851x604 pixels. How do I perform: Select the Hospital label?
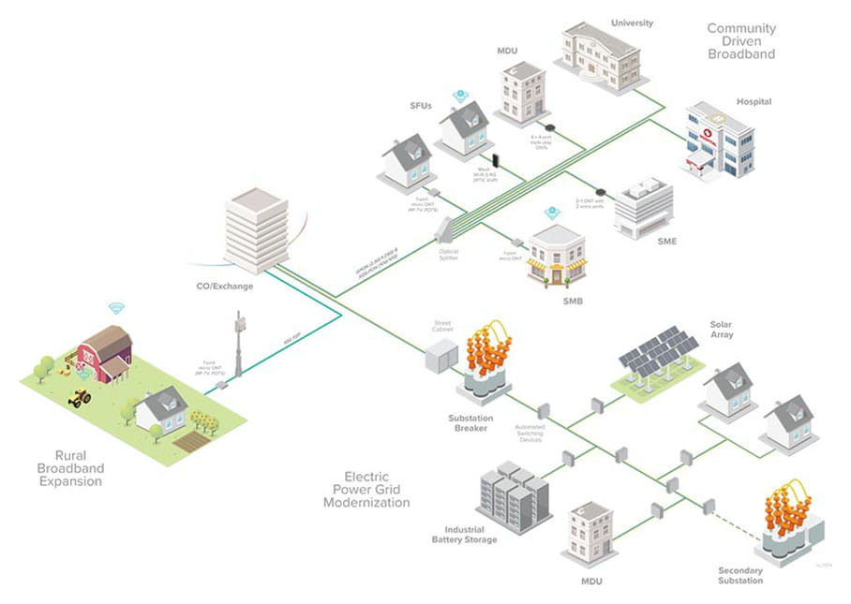point(754,101)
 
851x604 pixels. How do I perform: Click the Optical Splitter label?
point(449,254)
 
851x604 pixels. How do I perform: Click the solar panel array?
point(659,356)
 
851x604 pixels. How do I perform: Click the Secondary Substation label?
point(740,575)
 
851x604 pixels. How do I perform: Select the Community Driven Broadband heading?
point(740,41)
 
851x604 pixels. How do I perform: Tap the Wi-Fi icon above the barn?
point(116,307)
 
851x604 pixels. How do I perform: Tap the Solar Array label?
point(722,329)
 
